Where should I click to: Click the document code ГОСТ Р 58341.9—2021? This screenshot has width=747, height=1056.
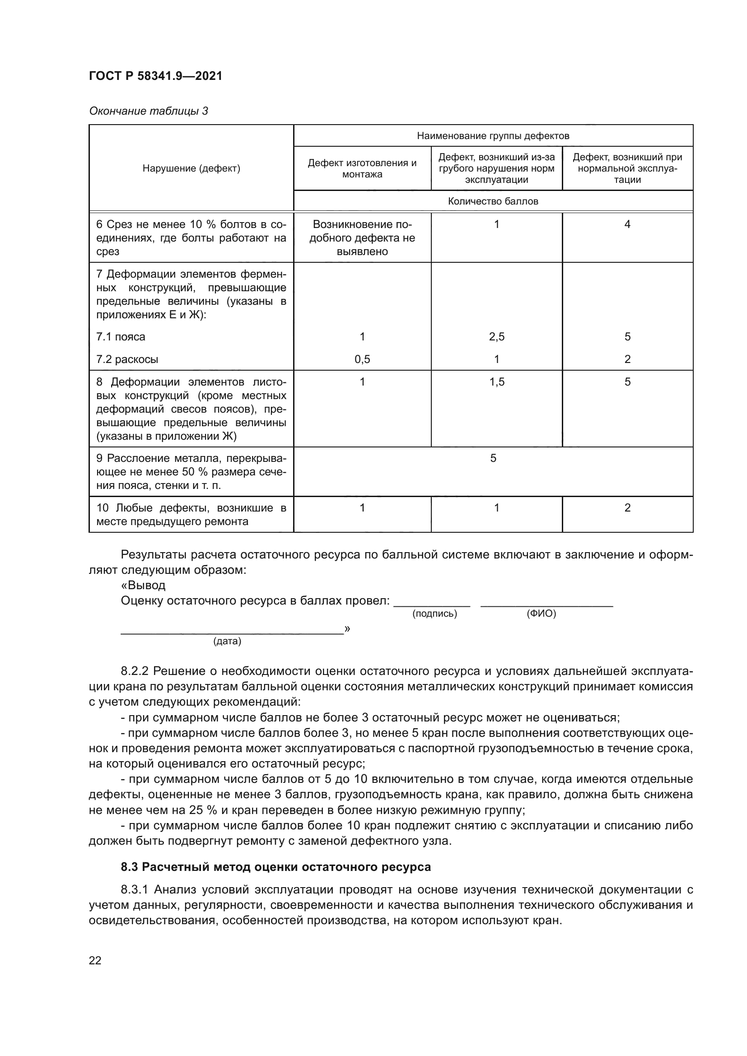(155, 76)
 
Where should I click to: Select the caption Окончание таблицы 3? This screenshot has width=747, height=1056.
(148, 111)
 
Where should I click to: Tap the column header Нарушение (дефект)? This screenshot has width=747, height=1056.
(191, 168)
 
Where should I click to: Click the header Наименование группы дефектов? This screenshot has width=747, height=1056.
(493, 136)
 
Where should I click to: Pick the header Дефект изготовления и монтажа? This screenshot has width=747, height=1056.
(362, 168)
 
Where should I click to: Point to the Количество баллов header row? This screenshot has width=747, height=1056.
(493, 201)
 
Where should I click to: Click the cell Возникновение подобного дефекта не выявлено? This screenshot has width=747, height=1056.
(362, 238)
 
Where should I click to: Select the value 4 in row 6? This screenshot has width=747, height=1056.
(627, 224)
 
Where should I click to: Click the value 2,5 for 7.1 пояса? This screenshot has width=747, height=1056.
(496, 337)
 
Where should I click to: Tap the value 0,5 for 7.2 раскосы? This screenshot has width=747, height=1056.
(362, 359)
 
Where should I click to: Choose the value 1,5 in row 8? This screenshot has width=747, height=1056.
(496, 382)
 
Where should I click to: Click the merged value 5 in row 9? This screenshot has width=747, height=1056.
(493, 458)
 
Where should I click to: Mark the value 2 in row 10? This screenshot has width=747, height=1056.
(627, 508)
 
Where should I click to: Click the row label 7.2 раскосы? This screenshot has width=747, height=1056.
(127, 359)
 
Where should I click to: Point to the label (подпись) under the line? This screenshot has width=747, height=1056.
(434, 614)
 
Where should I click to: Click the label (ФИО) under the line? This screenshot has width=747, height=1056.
(541, 614)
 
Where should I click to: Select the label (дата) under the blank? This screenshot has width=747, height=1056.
(227, 641)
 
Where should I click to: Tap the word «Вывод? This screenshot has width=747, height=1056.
(143, 585)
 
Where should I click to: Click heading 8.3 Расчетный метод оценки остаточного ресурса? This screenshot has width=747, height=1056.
(275, 867)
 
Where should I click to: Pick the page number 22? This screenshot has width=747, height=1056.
(95, 960)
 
